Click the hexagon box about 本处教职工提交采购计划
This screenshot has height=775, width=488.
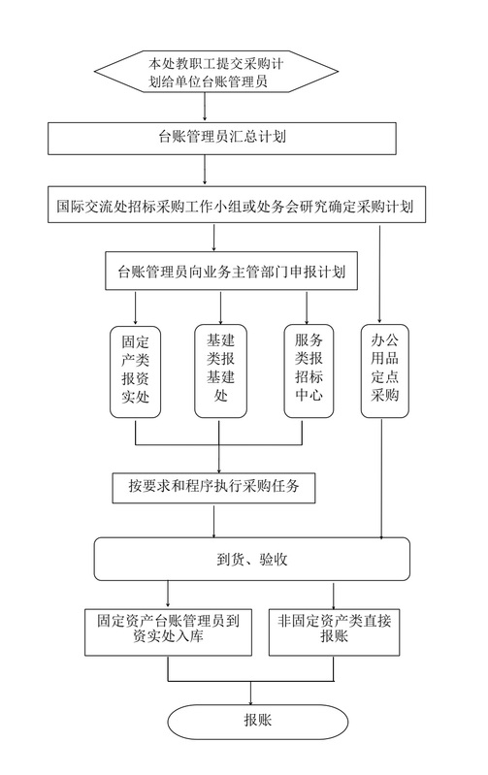216,71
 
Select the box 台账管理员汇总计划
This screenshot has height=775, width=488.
222,139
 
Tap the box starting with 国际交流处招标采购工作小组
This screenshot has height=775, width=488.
237,204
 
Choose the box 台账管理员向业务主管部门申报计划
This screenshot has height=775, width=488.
231,271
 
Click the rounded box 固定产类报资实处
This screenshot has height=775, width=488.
136,371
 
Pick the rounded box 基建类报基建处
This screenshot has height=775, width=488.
220,371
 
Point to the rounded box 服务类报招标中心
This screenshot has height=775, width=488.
309,371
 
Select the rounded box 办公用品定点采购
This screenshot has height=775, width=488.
384,371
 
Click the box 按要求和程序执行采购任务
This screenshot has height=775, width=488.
213,488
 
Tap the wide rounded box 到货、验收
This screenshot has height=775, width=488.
251,559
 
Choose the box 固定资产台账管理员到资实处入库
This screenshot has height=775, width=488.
168,632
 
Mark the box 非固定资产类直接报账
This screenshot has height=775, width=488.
335,632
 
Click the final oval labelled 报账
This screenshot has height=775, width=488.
258,722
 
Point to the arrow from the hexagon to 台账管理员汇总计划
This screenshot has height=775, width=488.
205,108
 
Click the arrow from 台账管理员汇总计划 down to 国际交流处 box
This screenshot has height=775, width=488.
205,170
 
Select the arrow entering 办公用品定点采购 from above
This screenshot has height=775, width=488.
379,274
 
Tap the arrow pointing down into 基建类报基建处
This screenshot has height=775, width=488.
220,307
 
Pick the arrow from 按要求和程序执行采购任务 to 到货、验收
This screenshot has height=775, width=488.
214,521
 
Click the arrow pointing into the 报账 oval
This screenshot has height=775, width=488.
250,693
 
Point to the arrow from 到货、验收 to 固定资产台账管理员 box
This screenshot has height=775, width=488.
168,595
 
